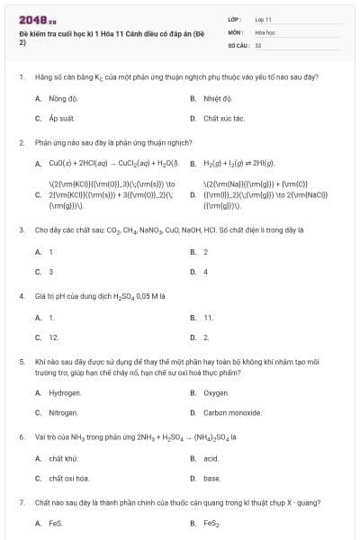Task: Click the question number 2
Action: point(22,142)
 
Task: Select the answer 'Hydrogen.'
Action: point(65,392)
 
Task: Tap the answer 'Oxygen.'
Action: point(216,392)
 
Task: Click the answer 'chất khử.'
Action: point(65,458)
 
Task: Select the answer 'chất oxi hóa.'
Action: point(68,478)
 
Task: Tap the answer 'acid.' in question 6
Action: point(211,458)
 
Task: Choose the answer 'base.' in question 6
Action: point(212,478)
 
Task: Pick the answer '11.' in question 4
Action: point(209,318)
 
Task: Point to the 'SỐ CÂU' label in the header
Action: point(238,43)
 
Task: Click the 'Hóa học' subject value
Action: point(265,31)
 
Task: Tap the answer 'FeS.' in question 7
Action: point(57,523)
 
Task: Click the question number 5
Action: point(22,360)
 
